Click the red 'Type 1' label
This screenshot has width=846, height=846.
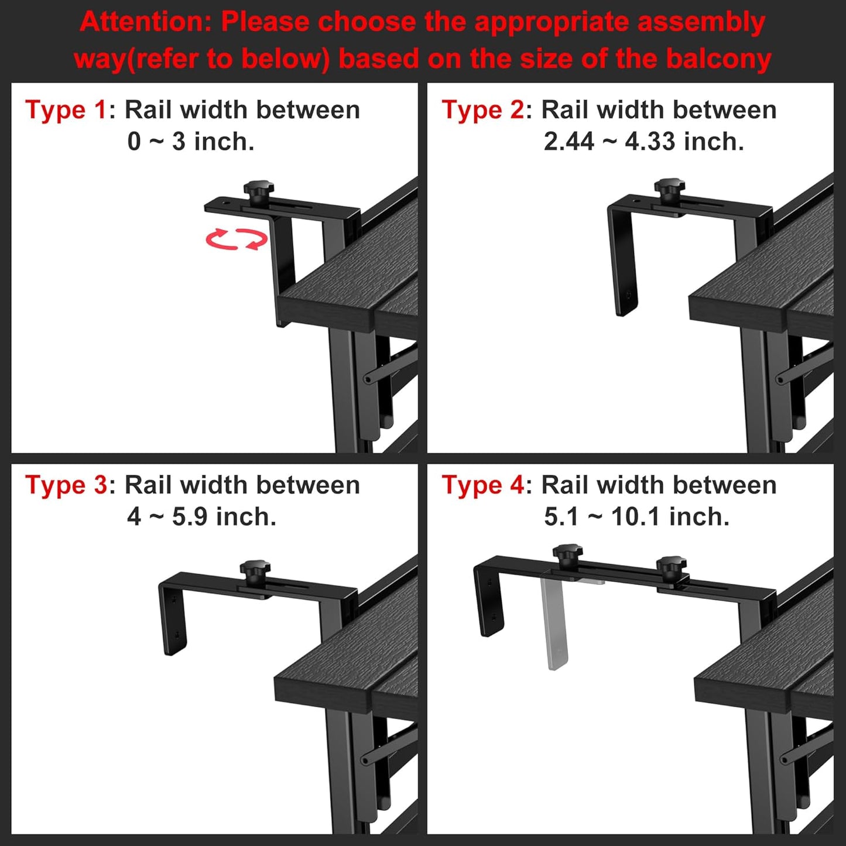66,110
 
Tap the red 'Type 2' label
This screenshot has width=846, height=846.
482,110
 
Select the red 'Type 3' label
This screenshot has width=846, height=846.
66,485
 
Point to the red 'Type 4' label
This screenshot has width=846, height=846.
483,485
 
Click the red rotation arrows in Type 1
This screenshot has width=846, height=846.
237,239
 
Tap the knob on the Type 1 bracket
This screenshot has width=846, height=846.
259,193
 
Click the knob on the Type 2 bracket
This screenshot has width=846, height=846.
670,191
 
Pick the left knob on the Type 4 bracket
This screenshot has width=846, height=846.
567,557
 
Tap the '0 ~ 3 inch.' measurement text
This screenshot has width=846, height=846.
191,142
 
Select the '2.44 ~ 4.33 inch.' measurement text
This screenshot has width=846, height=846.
644,142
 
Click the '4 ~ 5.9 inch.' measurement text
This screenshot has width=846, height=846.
202,517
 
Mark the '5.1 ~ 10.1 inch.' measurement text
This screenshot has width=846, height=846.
637,517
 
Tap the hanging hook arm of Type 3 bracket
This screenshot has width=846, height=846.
173,618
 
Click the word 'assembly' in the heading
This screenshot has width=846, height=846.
701,23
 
